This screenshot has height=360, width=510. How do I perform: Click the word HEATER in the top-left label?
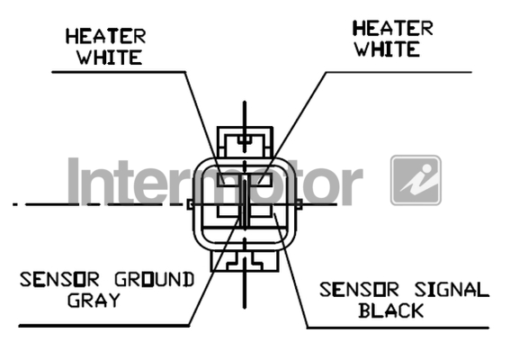(106, 36)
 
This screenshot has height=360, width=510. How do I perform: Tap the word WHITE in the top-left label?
(110, 58)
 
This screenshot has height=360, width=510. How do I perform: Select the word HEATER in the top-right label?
(393, 28)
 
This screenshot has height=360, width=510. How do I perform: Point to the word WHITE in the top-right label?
(387, 49)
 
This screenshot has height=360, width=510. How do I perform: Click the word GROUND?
(155, 280)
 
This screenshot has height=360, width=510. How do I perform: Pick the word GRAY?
(94, 301)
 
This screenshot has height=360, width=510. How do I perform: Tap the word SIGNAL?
(452, 290)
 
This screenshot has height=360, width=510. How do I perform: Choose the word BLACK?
(391, 310)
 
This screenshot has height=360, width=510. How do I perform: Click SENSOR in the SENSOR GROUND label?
(59, 280)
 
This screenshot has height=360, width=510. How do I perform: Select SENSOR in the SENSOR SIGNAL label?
(359, 290)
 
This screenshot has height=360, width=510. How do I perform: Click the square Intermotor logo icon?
(416, 180)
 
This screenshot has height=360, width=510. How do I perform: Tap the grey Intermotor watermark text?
(215, 182)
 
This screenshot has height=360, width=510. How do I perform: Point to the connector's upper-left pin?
(229, 180)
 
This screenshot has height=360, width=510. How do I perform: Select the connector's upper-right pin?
(260, 180)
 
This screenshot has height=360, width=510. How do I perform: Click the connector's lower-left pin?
(228, 211)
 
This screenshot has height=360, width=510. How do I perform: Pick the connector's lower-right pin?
(261, 211)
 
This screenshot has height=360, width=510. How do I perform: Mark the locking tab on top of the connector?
(245, 142)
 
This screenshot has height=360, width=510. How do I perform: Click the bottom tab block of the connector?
(245, 261)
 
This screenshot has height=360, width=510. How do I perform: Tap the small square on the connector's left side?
(191, 204)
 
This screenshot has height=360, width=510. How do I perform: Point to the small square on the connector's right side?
(299, 204)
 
